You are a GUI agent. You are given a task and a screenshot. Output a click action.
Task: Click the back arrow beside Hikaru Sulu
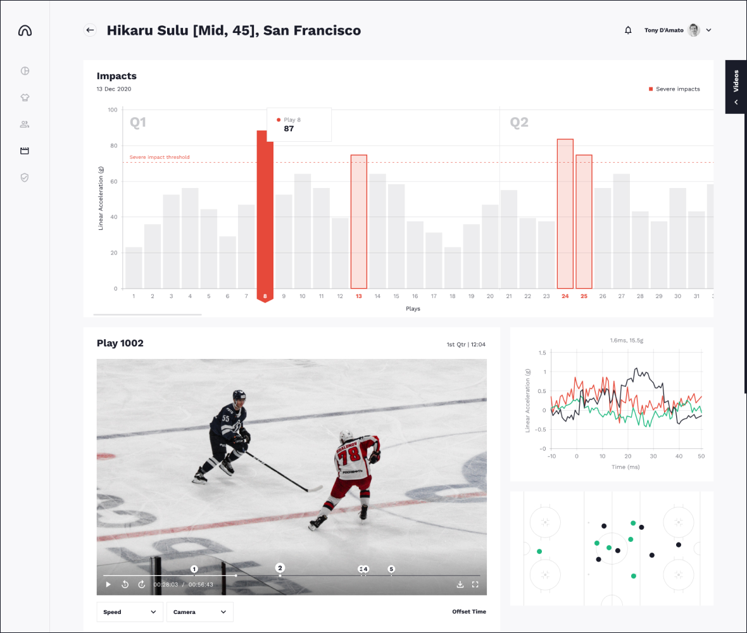pyautogui.click(x=90, y=30)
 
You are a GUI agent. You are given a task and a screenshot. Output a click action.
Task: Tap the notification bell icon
pyautogui.click(x=628, y=30)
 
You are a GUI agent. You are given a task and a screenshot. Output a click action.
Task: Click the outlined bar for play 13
pyautogui.click(x=359, y=222)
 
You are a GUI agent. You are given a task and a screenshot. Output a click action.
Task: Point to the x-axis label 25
pyautogui.click(x=584, y=296)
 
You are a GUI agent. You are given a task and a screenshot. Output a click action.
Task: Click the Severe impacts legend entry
pyautogui.click(x=674, y=89)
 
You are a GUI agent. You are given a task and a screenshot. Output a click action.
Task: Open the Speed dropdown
pyautogui.click(x=130, y=612)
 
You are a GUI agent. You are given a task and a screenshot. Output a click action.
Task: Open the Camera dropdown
pyautogui.click(x=199, y=612)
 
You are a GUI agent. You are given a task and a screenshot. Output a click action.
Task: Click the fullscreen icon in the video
pyautogui.click(x=475, y=584)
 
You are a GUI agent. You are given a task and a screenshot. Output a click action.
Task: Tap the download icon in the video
pyautogui.click(x=460, y=584)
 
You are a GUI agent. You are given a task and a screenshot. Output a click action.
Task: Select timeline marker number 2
pyautogui.click(x=280, y=568)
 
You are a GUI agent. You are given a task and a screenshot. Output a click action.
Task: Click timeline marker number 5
pyautogui.click(x=391, y=569)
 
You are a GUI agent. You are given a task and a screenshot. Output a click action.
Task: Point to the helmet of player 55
pyautogui.click(x=239, y=396)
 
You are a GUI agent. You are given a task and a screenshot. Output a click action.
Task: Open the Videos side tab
pyautogui.click(x=736, y=87)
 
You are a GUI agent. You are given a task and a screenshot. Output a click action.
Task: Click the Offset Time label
pyautogui.click(x=469, y=612)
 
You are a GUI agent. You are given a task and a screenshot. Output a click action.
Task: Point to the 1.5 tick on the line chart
pyautogui.click(x=541, y=353)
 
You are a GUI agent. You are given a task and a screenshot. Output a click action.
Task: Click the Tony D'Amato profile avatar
pyautogui.click(x=694, y=30)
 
